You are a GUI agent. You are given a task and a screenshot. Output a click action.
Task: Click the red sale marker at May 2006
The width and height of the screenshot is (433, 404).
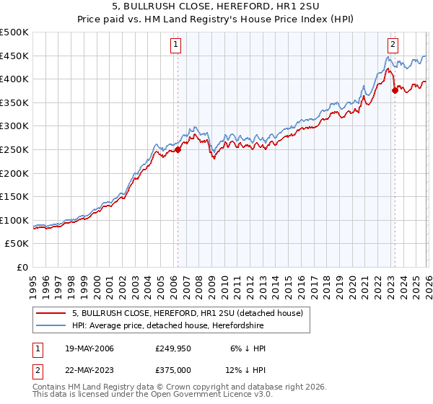(x=178, y=150)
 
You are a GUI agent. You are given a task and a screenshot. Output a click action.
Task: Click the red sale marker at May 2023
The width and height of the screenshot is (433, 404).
(x=395, y=90)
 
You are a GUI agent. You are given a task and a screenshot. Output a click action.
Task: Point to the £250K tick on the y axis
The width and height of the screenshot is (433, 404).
(x=14, y=149)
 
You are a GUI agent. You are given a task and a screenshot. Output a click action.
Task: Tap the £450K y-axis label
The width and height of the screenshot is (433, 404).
(x=14, y=56)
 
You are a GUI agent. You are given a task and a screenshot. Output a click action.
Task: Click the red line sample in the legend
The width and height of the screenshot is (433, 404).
(x=51, y=313)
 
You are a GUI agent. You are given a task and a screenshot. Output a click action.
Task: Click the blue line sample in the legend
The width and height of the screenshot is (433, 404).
(x=51, y=326)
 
